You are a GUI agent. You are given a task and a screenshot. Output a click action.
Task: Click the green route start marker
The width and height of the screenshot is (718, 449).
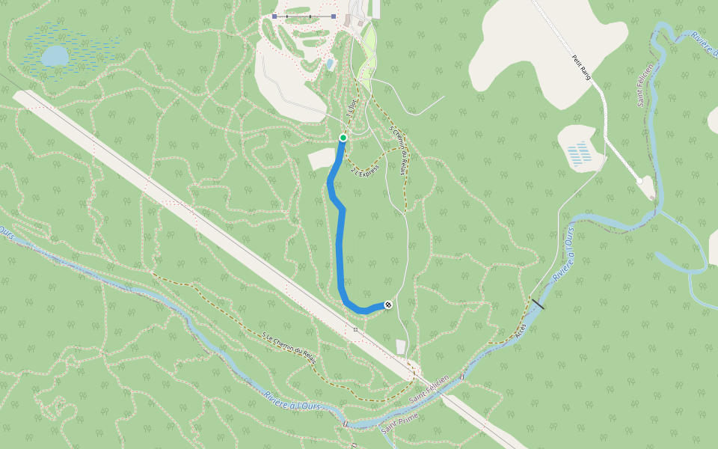click(x=343, y=138)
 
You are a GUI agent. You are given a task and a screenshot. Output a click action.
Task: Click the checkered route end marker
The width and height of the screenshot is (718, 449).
click(x=388, y=305)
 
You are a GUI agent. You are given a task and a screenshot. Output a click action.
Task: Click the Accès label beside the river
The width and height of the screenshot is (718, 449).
click(x=521, y=330)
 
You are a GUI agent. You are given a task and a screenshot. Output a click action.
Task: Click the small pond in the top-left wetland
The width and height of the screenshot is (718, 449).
click(x=55, y=56)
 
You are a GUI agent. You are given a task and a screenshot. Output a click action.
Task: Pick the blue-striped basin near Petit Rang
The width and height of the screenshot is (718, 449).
click(x=579, y=153)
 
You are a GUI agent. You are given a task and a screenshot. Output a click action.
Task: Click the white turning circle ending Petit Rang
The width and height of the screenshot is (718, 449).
click(x=639, y=181)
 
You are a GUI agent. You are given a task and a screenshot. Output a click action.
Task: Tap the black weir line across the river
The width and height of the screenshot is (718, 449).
click(x=537, y=304)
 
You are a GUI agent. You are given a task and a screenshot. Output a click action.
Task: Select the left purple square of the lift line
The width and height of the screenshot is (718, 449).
click(x=274, y=16)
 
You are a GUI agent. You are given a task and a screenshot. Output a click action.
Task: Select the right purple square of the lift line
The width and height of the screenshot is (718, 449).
click(x=334, y=16)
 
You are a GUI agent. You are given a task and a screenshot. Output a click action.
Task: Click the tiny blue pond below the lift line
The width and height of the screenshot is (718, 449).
click(x=331, y=64)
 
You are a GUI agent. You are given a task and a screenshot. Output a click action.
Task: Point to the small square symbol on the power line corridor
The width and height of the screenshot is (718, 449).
click(x=356, y=329)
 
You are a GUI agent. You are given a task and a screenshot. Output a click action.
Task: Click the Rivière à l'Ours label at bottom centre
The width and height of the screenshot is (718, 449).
click(x=292, y=400)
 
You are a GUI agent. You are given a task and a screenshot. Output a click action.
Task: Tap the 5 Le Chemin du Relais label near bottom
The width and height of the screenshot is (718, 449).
click(x=289, y=348)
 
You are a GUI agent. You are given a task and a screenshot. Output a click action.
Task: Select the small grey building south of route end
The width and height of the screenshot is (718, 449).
click(x=401, y=346)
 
